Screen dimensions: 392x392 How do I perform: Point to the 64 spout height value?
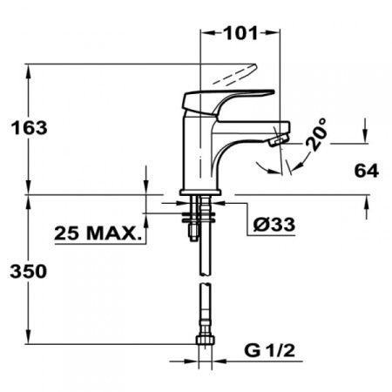pyautogui.click(x=367, y=171)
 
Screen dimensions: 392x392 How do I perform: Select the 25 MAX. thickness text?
pyautogui.click(x=98, y=233)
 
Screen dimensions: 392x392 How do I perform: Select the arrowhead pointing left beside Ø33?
pyautogui.click(x=231, y=205)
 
